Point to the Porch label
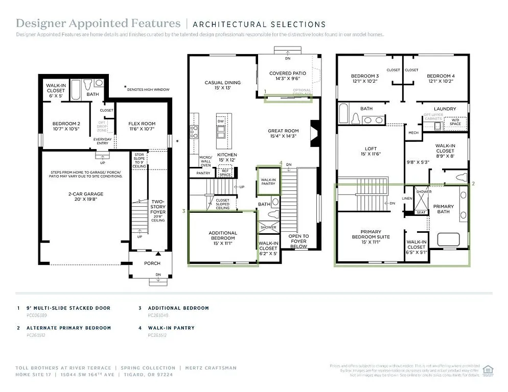(152, 263)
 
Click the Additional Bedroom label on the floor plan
(223, 236)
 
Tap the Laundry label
(445, 109)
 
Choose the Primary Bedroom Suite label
(371, 234)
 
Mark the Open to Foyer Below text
(298, 241)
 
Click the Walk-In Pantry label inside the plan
(269, 183)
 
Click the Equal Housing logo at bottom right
(488, 370)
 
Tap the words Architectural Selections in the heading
(259, 24)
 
